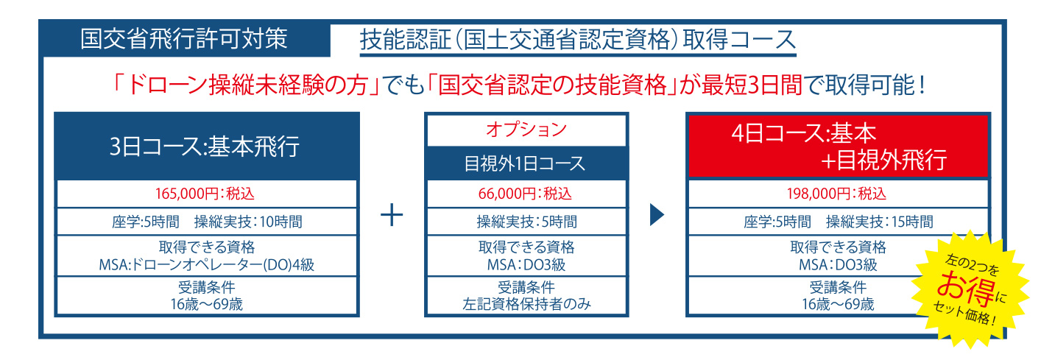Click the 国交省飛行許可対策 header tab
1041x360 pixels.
[x=185, y=38]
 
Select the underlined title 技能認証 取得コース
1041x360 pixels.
[x=578, y=40]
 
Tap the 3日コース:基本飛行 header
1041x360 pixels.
[x=207, y=147]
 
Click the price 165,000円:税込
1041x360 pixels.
[x=205, y=193]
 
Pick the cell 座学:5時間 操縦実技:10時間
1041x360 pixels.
[x=207, y=222]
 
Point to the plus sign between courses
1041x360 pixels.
[x=392, y=215]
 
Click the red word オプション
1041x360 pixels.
[x=526, y=130]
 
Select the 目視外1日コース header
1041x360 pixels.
[x=526, y=163]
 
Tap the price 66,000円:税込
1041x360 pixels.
[x=525, y=193]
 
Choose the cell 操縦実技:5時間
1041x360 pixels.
[x=526, y=222]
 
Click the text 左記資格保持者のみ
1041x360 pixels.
[x=526, y=304]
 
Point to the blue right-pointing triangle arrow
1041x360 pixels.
[x=657, y=215]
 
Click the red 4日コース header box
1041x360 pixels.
[x=838, y=147]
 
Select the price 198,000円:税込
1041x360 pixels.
[x=836, y=193]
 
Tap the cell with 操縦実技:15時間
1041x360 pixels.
[x=838, y=222]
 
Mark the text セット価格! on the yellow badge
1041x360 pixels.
[x=964, y=313]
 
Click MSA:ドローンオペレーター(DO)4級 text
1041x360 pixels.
[x=207, y=265]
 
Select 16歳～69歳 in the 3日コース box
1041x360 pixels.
[x=207, y=304]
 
